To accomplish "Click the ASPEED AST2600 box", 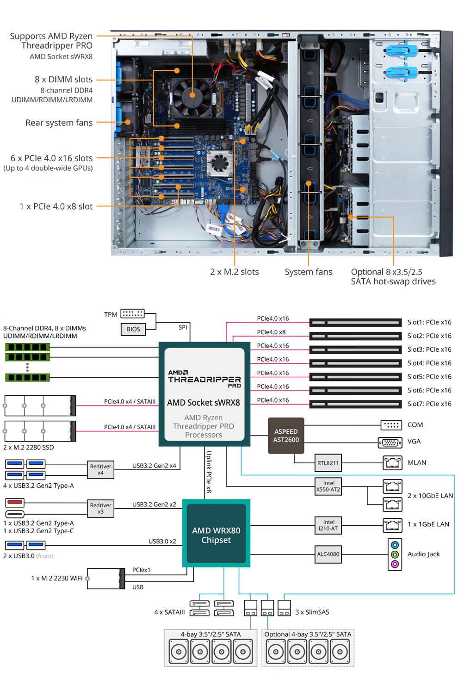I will pos(286,436).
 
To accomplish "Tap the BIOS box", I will pos(133,329).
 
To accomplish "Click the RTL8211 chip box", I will pos(328,462).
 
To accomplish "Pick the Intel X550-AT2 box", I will pos(328,486).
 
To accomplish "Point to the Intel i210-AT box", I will pos(328,525).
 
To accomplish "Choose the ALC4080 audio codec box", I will pos(328,554).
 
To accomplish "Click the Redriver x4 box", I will pos(100,469).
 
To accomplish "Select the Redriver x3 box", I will pos(100,508).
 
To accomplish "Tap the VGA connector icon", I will pos(390,442).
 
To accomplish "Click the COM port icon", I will pos(391,425).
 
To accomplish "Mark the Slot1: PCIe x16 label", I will pos(429,322).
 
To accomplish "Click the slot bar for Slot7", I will pos(355,404).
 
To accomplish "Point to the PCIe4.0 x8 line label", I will pos(271,332).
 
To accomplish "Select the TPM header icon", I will pos(132,314).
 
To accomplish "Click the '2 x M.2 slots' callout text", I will pos(235,272).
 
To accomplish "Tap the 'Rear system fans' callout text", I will pos(59,123).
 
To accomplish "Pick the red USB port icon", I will pos(15,502).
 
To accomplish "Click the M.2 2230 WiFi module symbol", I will pos(106,579).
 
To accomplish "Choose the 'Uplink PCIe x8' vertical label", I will pos(209,472).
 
